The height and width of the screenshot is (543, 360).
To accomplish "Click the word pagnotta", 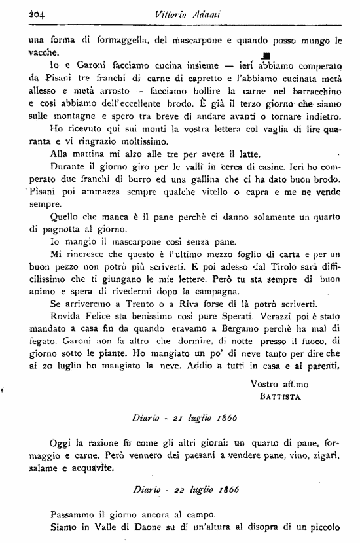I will coord(63,230).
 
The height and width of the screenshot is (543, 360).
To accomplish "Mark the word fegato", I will coord(44,342).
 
